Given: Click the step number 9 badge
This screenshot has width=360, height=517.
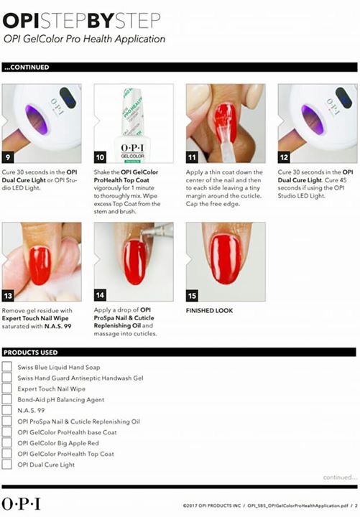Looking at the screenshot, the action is coord(8,157).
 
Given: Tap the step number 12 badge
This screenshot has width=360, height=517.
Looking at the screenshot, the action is coord(284,157).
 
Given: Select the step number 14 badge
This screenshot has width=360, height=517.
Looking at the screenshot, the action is coord(100,295).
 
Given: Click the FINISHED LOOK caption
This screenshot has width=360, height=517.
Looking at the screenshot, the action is coord(209,311).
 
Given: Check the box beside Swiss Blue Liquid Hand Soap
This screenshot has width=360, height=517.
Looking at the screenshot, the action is coord(6,367).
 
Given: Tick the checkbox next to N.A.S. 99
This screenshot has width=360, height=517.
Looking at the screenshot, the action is coord(6,410).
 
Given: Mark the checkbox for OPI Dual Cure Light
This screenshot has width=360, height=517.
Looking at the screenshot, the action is coord(6,465).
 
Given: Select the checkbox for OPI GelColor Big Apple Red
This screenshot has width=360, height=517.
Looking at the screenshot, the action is coord(6,442).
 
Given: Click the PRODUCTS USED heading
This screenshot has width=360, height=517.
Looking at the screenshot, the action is coord(31,353).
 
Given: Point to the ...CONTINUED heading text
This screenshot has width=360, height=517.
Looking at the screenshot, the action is coord(27,67).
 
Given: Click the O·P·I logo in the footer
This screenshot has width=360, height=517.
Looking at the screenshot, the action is coord(21,504).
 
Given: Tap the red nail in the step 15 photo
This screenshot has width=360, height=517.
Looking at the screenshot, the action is coord(226,258).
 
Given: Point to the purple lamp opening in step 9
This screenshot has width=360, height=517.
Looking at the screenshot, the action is coord(37,119).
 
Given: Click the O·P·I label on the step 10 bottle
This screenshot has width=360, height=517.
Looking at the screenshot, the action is coord(132,148).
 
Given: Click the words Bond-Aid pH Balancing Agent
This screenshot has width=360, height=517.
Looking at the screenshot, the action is coord(60,400).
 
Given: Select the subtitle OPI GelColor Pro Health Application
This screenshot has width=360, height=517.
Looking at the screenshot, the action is coord(84,39).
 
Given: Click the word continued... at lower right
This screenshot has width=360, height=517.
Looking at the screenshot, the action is coord(340,477).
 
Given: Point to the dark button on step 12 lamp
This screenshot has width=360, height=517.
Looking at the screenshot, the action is coord(343,98).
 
